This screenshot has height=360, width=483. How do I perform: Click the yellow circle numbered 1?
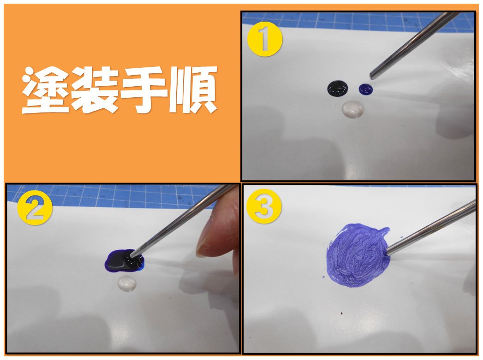coord(265,39)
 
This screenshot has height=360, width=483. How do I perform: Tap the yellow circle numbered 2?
coord(35,208)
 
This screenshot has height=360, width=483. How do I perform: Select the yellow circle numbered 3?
coord(264,206)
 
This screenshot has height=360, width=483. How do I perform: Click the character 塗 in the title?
coord(46,90)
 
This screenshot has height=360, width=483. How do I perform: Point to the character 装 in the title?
coord(95,90)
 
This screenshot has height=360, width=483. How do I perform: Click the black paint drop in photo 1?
coord(338,89)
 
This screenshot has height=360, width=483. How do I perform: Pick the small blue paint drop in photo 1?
coord(366,89)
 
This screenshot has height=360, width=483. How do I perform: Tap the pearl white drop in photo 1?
coord(353,109)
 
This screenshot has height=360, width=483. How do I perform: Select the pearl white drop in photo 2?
coord(127,283)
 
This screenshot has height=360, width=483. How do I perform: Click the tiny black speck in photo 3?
coord(342,314)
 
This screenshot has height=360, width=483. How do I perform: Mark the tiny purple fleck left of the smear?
coord(323,277)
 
